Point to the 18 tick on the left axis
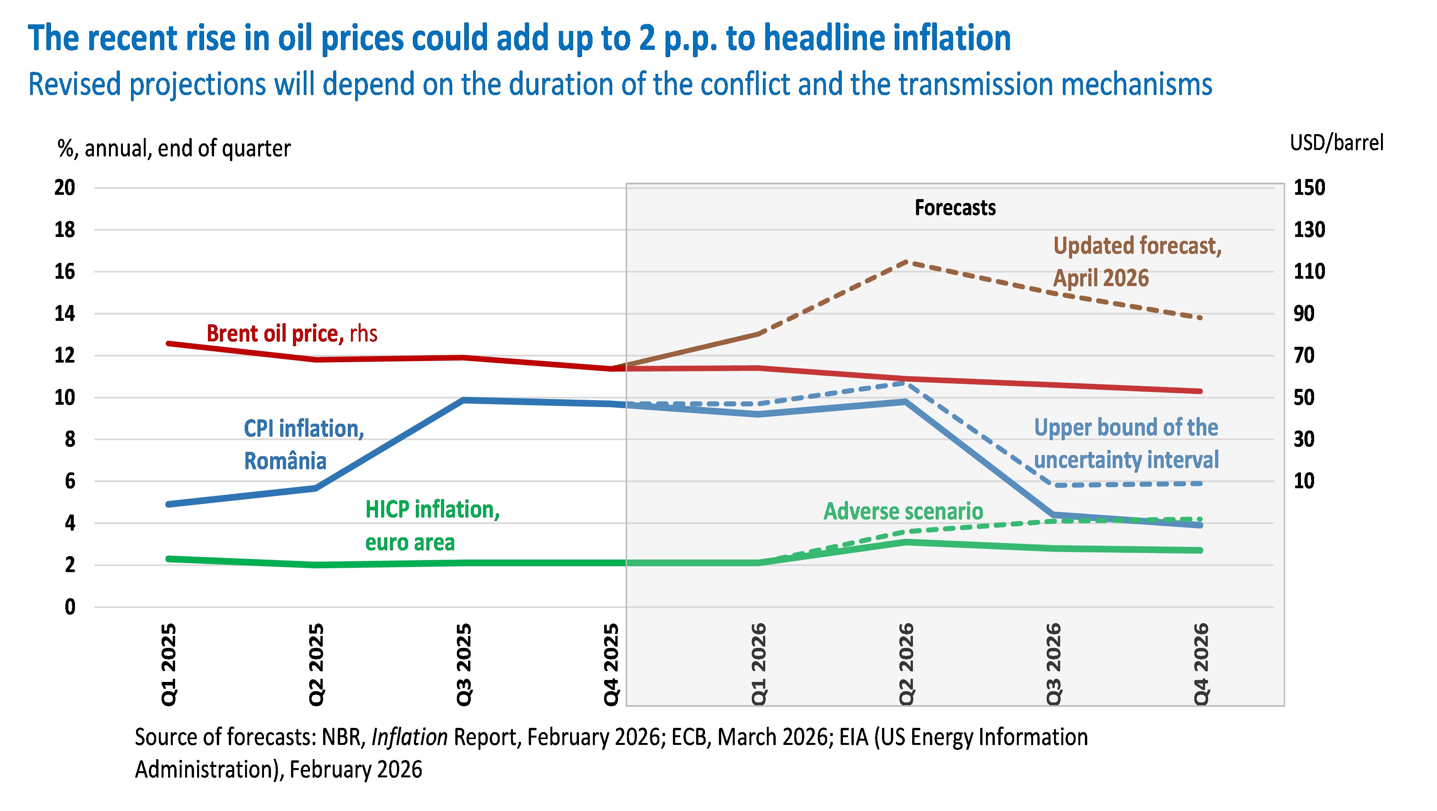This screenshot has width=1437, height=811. pyautogui.click(x=65, y=230)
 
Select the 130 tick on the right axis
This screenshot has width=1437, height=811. pyautogui.click(x=1309, y=230)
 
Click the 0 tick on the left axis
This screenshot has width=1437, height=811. pyautogui.click(x=70, y=607)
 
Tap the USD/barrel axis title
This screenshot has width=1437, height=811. pyautogui.click(x=1337, y=143)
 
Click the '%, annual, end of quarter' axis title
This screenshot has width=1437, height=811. pyautogui.click(x=174, y=148)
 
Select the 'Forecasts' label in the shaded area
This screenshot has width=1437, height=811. pyautogui.click(x=955, y=208)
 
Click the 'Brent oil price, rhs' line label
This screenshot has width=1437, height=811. pyautogui.click(x=292, y=334)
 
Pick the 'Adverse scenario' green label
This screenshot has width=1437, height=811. pyautogui.click(x=903, y=511)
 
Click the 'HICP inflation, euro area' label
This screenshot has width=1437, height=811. pyautogui.click(x=432, y=525)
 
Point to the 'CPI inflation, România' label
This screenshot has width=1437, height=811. pyautogui.click(x=304, y=445)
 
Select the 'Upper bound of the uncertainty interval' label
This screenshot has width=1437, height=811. pyautogui.click(x=1126, y=443)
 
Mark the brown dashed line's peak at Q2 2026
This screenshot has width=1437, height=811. pyautogui.click(x=906, y=261)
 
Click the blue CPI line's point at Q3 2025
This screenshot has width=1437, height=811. pyautogui.click(x=463, y=400)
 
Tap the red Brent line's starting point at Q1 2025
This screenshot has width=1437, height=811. pyautogui.click(x=169, y=344)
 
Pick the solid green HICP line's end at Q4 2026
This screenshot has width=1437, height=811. pyautogui.click(x=1200, y=550)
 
